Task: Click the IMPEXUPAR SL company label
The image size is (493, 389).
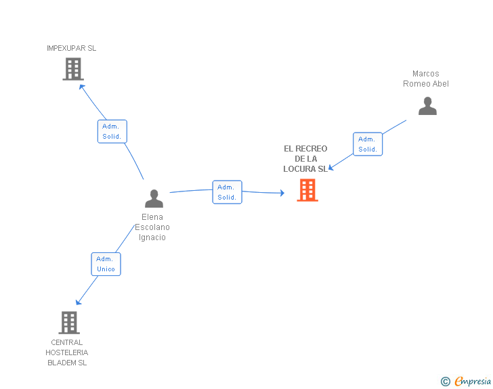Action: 71,48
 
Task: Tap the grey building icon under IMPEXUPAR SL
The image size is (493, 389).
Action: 73,69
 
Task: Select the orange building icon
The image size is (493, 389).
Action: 307,190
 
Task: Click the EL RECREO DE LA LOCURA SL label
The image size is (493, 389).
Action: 305,159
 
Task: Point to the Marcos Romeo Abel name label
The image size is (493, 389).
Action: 426,78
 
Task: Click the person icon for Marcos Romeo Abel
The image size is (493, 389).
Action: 427,106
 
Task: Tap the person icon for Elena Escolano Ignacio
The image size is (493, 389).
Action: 154,198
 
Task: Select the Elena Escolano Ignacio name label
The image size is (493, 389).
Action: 152,227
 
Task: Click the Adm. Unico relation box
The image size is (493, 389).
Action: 106,265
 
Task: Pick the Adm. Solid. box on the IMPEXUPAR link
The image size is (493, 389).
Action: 112,131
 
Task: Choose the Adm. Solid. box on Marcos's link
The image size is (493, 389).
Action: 368,144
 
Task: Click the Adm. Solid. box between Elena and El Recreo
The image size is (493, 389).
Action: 228,192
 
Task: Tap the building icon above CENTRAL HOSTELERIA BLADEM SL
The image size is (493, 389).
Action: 69,323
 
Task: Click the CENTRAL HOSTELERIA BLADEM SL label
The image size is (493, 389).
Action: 66,352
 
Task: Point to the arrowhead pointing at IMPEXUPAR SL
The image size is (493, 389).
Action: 81,87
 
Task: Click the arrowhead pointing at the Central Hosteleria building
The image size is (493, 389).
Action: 79,302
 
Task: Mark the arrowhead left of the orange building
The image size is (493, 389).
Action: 282,193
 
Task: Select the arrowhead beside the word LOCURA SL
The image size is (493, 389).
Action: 330,168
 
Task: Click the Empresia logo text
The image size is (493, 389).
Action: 473,382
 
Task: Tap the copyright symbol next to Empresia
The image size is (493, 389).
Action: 446,382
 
